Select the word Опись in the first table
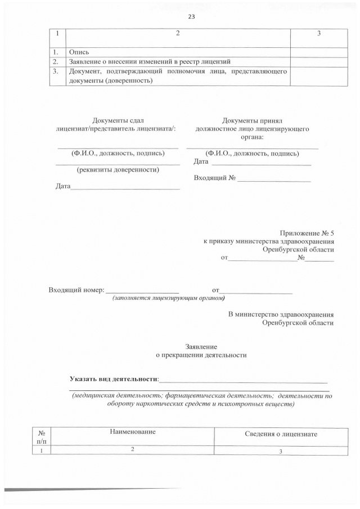coord(79,52)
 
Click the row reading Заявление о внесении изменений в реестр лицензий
coord(150,61)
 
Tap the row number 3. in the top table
coord(55,71)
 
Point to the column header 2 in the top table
coord(178,34)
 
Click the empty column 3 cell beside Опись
coord(318,52)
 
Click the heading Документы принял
coord(251,120)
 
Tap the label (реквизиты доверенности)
coord(118,169)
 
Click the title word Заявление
coord(201,347)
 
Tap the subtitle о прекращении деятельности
coord(201,355)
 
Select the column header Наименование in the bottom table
coord(133,431)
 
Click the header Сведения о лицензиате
coord(281,434)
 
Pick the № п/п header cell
coord(42,436)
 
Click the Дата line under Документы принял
coord(260,162)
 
